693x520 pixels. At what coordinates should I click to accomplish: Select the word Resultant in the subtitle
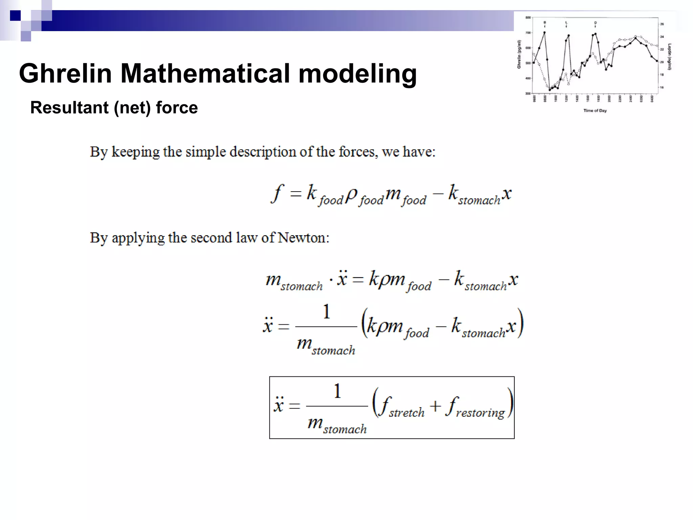[x=70, y=108]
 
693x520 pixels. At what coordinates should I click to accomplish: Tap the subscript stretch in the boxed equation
[x=406, y=413]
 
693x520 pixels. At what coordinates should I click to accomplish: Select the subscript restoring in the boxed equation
[x=480, y=413]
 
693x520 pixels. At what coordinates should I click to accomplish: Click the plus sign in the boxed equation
[x=435, y=406]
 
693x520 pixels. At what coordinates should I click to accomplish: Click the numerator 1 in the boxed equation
[x=337, y=391]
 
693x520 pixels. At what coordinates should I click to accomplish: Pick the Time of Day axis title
[x=595, y=111]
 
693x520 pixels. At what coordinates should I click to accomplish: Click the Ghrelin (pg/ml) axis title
[x=519, y=55]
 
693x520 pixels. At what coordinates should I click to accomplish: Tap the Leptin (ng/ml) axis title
[x=669, y=57]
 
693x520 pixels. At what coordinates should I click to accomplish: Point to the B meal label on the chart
[x=544, y=23]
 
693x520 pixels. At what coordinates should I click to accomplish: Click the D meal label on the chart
[x=595, y=23]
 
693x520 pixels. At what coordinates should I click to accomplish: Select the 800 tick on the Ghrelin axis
[x=528, y=18]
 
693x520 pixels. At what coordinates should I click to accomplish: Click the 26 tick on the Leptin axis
[x=662, y=24]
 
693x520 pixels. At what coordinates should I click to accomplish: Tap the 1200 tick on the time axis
[x=566, y=99]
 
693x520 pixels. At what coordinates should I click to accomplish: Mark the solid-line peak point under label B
[x=544, y=32]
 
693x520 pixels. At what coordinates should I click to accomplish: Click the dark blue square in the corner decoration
[x=15, y=16]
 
